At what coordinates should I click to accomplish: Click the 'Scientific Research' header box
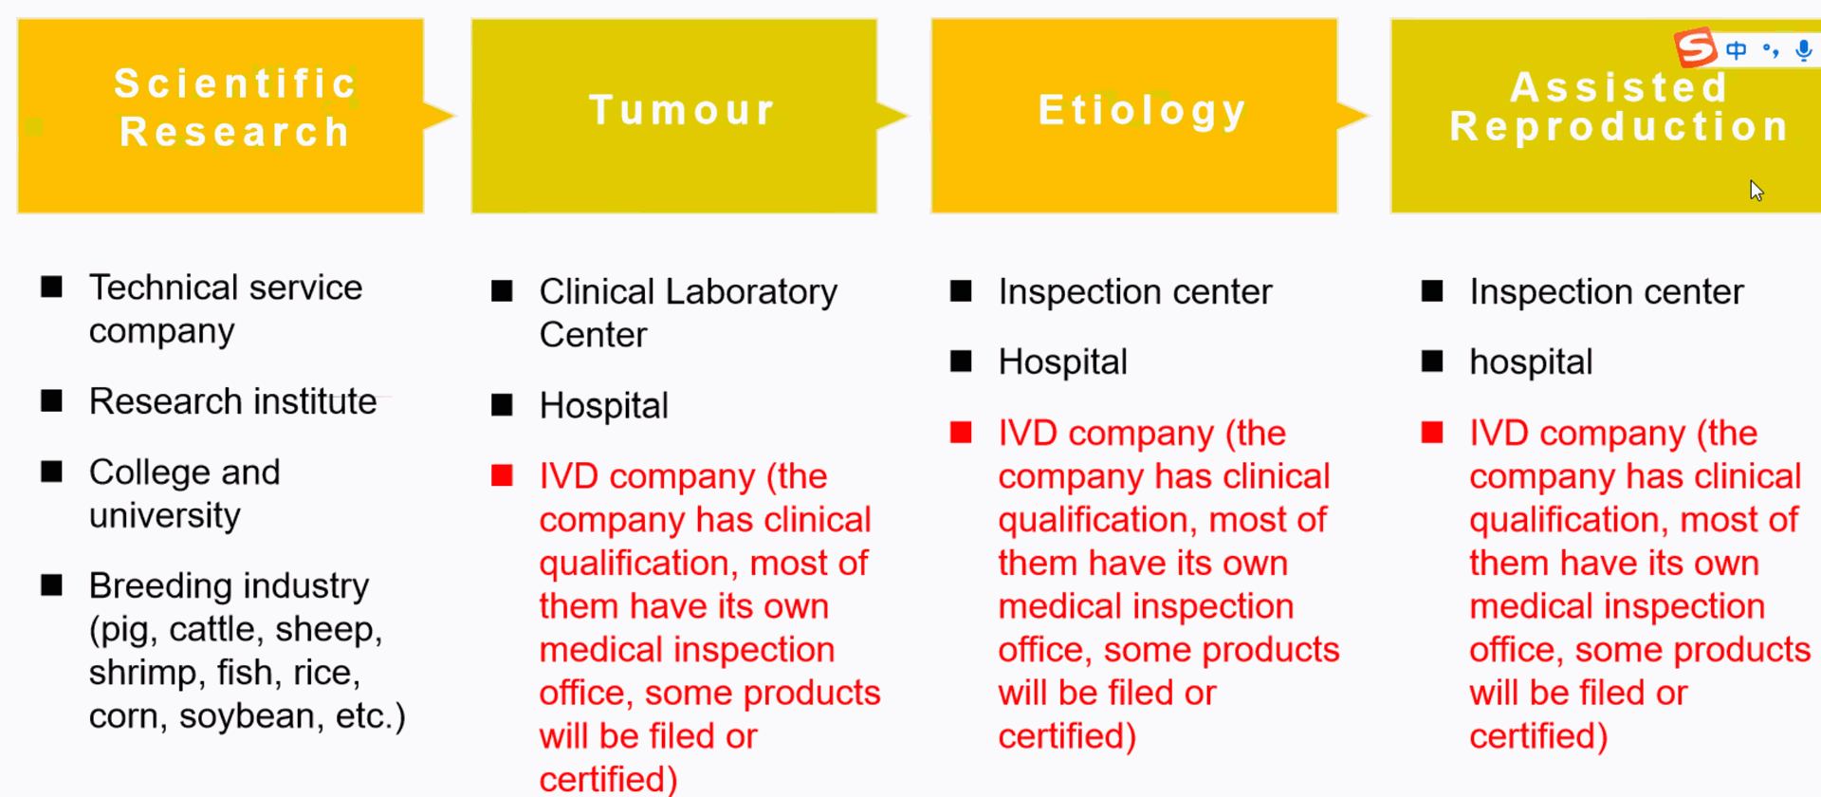[220, 116]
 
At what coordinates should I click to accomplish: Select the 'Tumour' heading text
[683, 110]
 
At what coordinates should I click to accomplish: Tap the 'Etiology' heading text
[1142, 111]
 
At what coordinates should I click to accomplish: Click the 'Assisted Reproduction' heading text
[1619, 107]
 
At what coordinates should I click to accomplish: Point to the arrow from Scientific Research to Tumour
[440, 116]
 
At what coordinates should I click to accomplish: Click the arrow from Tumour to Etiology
[893, 116]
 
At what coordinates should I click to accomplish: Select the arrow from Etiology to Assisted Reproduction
[1353, 116]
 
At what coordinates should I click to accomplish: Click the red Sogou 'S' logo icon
[1696, 47]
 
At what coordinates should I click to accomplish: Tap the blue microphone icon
[1804, 50]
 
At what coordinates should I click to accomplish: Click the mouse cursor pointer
[1756, 190]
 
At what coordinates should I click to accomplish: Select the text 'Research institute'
[232, 401]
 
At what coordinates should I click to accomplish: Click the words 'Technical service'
[226, 287]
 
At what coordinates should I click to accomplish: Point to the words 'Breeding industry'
[229, 585]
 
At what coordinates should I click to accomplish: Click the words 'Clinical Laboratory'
[689, 292]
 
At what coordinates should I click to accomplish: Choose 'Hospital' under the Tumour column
[604, 406]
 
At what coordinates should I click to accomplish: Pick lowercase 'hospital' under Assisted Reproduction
[1531, 362]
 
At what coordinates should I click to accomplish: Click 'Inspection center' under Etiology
[1135, 292]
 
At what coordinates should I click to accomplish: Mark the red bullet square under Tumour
[502, 475]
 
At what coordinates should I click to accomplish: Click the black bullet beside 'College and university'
[52, 472]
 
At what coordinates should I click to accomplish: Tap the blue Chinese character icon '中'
[1737, 50]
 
